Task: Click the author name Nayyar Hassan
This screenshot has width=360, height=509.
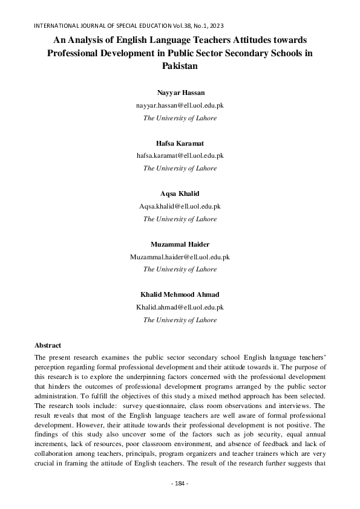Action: tap(180, 92)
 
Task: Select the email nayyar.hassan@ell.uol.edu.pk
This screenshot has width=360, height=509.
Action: tap(180, 105)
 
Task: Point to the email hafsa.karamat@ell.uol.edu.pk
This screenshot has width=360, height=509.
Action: tap(180, 155)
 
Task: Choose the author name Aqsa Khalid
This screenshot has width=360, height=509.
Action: tap(180, 193)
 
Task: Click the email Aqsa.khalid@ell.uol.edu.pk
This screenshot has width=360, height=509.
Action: tap(180, 206)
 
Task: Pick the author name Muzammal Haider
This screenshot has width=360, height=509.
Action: tap(180, 244)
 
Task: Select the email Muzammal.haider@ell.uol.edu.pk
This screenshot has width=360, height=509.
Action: tap(180, 257)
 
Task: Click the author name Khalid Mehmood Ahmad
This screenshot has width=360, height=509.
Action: tap(180, 294)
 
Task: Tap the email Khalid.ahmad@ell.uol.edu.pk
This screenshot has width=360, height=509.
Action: tap(180, 307)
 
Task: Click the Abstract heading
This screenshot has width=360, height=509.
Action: tap(48, 345)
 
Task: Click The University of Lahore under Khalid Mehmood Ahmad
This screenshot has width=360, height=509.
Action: tap(180, 320)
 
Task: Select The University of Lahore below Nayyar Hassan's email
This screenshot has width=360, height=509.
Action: tap(180, 118)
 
